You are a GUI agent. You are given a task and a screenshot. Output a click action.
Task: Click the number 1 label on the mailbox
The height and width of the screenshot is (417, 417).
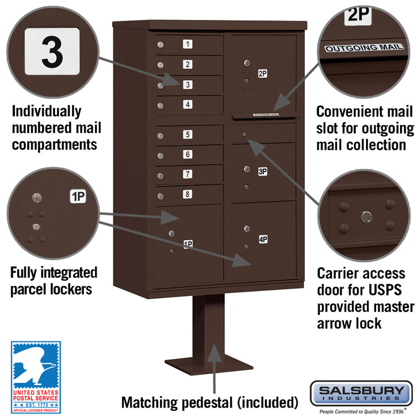(188, 44)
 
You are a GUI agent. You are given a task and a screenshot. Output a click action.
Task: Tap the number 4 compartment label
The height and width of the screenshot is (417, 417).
(188, 104)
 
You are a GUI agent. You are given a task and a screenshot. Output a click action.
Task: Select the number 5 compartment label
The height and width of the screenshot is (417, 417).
(188, 134)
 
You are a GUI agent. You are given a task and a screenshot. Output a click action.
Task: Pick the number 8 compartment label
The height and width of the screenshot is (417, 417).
(188, 194)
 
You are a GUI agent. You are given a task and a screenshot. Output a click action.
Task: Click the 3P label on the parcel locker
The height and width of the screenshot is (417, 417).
(263, 171)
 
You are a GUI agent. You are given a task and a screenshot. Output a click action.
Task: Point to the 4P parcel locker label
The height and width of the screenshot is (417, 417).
(263, 239)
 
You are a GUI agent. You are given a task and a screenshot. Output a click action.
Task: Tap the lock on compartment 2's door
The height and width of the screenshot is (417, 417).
(160, 65)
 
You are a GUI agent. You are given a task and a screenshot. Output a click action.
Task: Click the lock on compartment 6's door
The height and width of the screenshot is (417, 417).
(160, 156)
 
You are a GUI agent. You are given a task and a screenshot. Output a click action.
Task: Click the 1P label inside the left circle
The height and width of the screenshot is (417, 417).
(77, 196)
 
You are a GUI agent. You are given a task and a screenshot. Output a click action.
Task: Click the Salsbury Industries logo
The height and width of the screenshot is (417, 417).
(361, 394)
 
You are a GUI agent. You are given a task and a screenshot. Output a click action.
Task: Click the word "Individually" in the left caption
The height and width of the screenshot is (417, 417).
(46, 111)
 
